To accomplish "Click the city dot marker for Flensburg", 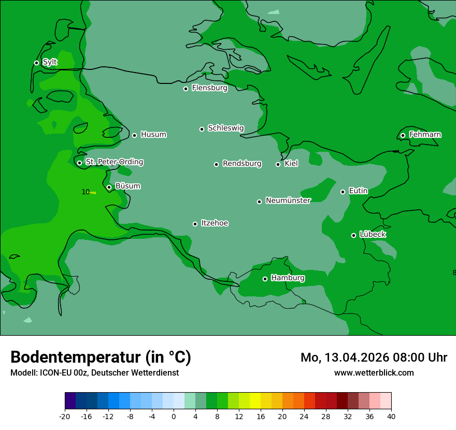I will pyautogui.click(x=186, y=89).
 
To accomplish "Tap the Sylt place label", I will pyautogui.click(x=50, y=62).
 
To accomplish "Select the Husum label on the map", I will pyautogui.click(x=153, y=135).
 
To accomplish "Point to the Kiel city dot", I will pyautogui.click(x=278, y=164).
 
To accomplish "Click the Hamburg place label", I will pyautogui.click(x=288, y=278).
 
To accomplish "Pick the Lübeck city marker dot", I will pyautogui.click(x=353, y=235).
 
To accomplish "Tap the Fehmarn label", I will pyautogui.click(x=425, y=135).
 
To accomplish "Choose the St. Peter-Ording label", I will pyautogui.click(x=114, y=162).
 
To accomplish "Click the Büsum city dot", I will pyautogui.click(x=109, y=187).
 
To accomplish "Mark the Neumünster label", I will pyautogui.click(x=288, y=200).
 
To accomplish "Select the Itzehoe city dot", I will pyautogui.click(x=195, y=224).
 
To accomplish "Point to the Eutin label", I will pyautogui.click(x=358, y=191).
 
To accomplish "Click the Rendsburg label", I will pyautogui.click(x=242, y=164).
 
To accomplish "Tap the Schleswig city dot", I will pyautogui.click(x=202, y=129).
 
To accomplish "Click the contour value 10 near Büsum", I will pyautogui.click(x=85, y=192).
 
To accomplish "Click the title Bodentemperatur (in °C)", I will pyautogui.click(x=101, y=357).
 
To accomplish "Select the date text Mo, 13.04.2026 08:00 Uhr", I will pyautogui.click(x=374, y=357).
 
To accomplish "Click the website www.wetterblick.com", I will pyautogui.click(x=374, y=373).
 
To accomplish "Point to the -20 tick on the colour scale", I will pyautogui.click(x=65, y=417).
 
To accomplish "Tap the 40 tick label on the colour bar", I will pyautogui.click(x=391, y=417).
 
